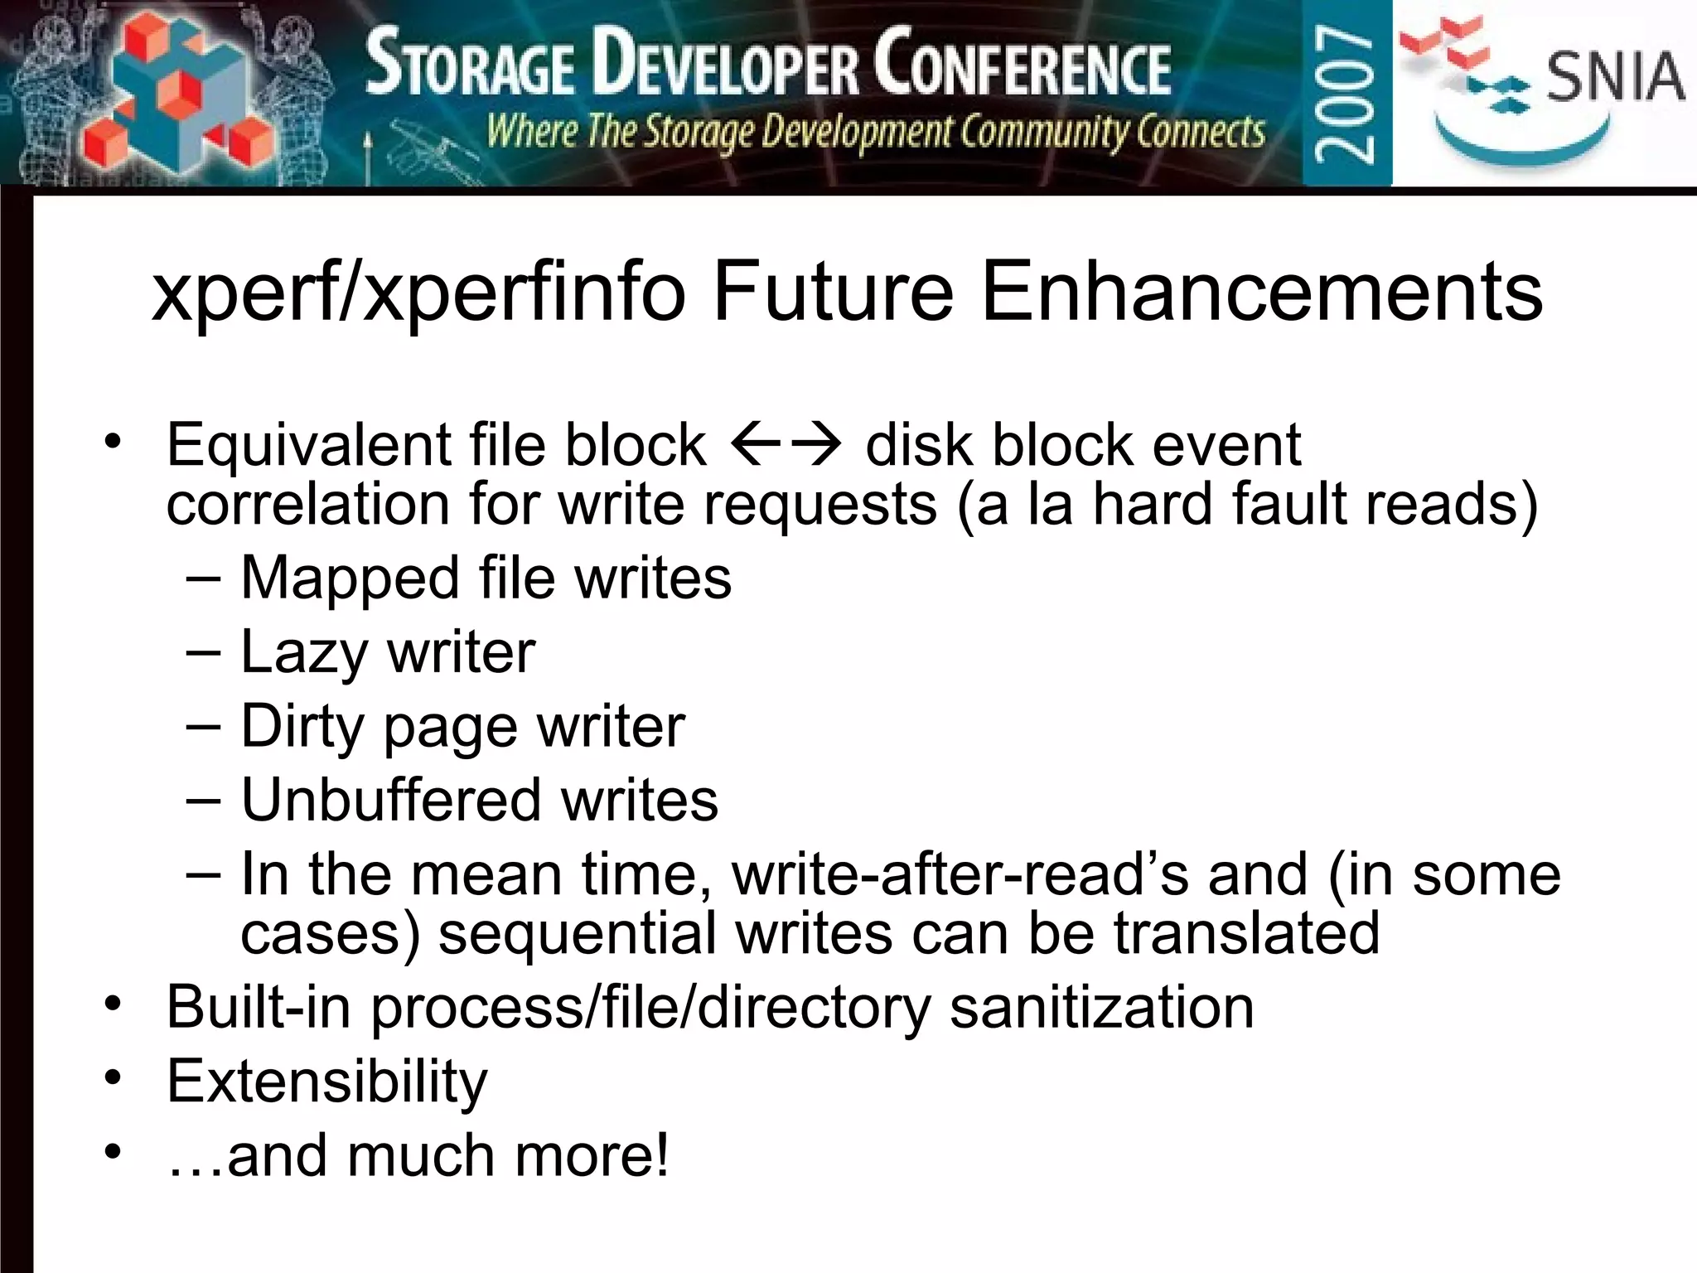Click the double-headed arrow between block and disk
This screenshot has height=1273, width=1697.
pyautogui.click(x=786, y=446)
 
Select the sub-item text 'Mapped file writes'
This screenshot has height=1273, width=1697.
pyautogui.click(x=486, y=578)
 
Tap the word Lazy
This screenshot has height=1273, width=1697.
pyautogui.click(x=303, y=652)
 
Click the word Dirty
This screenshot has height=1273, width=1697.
pyautogui.click(x=302, y=727)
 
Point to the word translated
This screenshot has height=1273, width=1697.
pyautogui.click(x=1246, y=934)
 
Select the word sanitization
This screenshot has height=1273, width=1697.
pyautogui.click(x=1101, y=1008)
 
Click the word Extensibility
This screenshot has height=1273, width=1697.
pyautogui.click(x=327, y=1082)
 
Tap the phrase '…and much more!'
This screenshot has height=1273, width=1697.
pyautogui.click(x=418, y=1156)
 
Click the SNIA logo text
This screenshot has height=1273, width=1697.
pyautogui.click(x=1615, y=77)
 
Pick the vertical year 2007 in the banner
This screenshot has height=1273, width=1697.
pyautogui.click(x=1346, y=93)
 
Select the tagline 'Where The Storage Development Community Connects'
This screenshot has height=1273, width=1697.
pyautogui.click(x=875, y=133)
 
